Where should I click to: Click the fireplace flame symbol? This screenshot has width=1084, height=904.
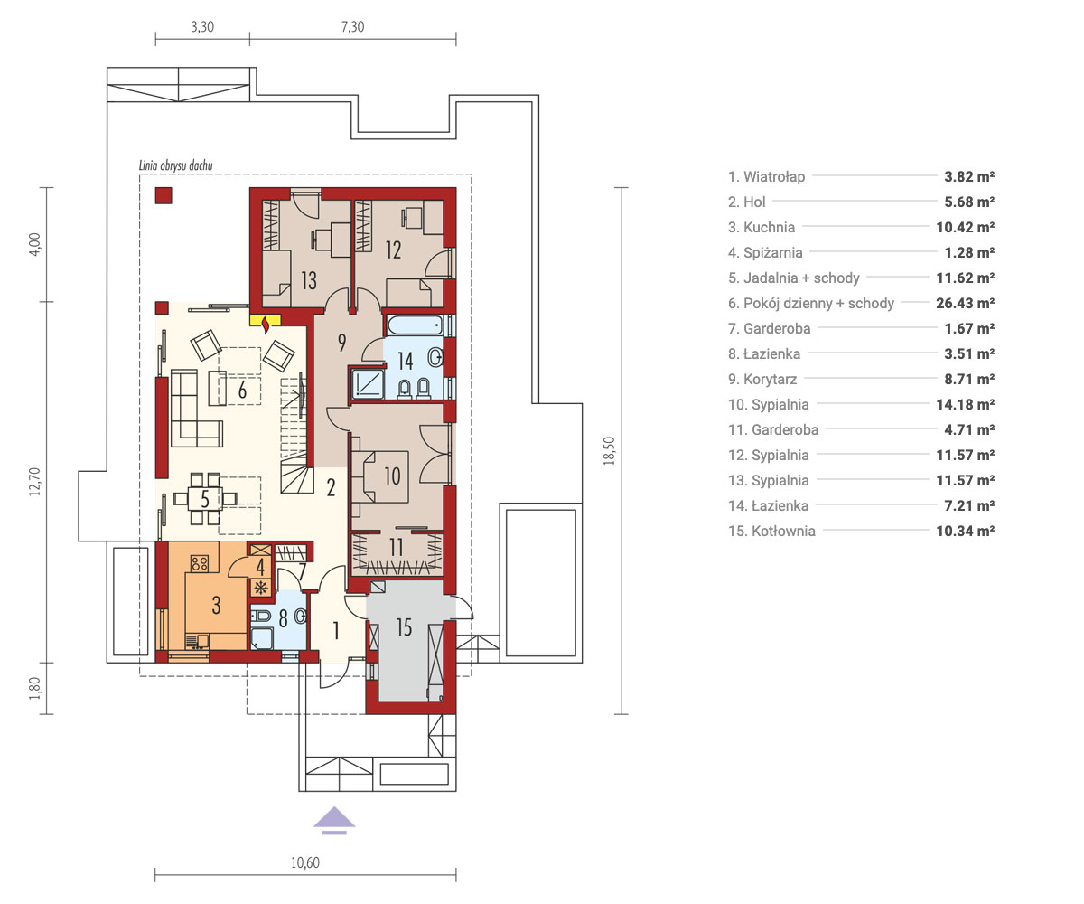[x=266, y=325]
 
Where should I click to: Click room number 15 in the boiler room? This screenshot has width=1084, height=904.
[x=404, y=627]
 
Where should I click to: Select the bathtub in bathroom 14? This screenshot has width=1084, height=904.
[x=415, y=325]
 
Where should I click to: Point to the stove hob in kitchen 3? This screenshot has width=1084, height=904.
[x=200, y=562]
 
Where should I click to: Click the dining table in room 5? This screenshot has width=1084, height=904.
[x=204, y=499]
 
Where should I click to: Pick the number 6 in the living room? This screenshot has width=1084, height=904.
[x=242, y=391]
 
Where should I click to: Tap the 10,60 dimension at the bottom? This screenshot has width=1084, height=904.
[x=305, y=863]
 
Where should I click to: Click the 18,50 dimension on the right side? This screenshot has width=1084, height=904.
[x=609, y=451]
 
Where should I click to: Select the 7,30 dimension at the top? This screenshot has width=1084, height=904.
[x=352, y=26]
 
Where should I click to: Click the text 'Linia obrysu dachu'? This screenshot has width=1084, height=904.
[x=175, y=165]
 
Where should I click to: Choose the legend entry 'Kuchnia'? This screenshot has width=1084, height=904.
[x=769, y=227]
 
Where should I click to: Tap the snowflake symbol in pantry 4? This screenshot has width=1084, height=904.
[x=260, y=589]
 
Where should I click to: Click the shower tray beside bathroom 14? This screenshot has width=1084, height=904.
[x=368, y=383]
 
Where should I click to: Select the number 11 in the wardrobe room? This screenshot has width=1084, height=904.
[x=397, y=548]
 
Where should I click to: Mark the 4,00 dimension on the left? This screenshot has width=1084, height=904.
[x=35, y=244]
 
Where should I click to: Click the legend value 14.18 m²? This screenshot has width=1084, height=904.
[x=965, y=404]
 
